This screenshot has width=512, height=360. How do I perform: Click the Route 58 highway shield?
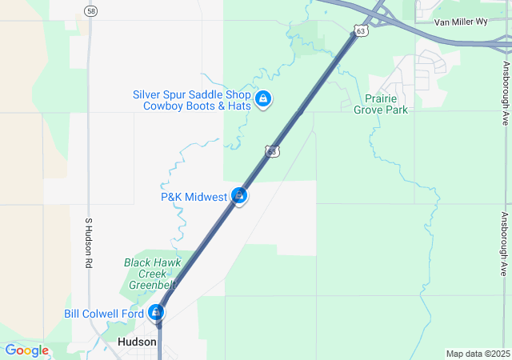[x=90, y=10]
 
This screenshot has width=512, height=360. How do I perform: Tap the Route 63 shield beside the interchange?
[x=362, y=31]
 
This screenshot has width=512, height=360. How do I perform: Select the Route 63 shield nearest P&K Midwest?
[x=273, y=150]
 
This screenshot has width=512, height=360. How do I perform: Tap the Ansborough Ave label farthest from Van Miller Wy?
[x=505, y=244]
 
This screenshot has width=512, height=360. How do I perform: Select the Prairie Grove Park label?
[x=380, y=104]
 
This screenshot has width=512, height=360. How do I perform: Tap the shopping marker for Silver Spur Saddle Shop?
[x=262, y=98]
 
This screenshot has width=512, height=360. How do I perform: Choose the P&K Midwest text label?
[x=194, y=196]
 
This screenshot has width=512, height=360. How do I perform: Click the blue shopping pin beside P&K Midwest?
[x=238, y=195]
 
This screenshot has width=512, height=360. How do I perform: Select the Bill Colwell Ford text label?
[x=104, y=314]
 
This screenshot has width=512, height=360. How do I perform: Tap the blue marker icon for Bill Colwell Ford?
[x=159, y=312]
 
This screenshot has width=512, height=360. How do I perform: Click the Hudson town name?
[x=137, y=341]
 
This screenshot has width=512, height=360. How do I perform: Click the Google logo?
[x=26, y=350]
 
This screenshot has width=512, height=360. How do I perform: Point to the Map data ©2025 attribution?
[x=478, y=354]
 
